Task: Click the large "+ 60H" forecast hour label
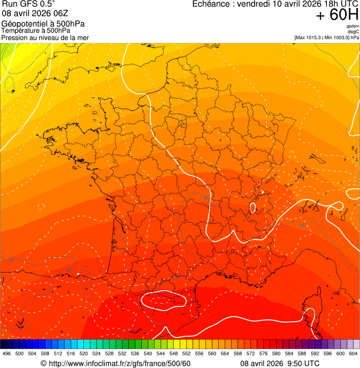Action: coord(337,15)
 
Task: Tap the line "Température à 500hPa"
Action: coord(36,31)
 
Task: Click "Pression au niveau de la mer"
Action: coord(45,37)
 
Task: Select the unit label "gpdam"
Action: coord(353,26)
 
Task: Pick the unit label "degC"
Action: coord(353,32)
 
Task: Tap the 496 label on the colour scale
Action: coord(7,354)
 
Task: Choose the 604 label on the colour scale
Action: coord(353,354)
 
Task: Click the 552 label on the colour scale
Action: coord(186,354)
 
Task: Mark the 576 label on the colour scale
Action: coord(264,354)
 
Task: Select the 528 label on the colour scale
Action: coord(110,354)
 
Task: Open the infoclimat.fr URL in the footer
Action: coord(119,363)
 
